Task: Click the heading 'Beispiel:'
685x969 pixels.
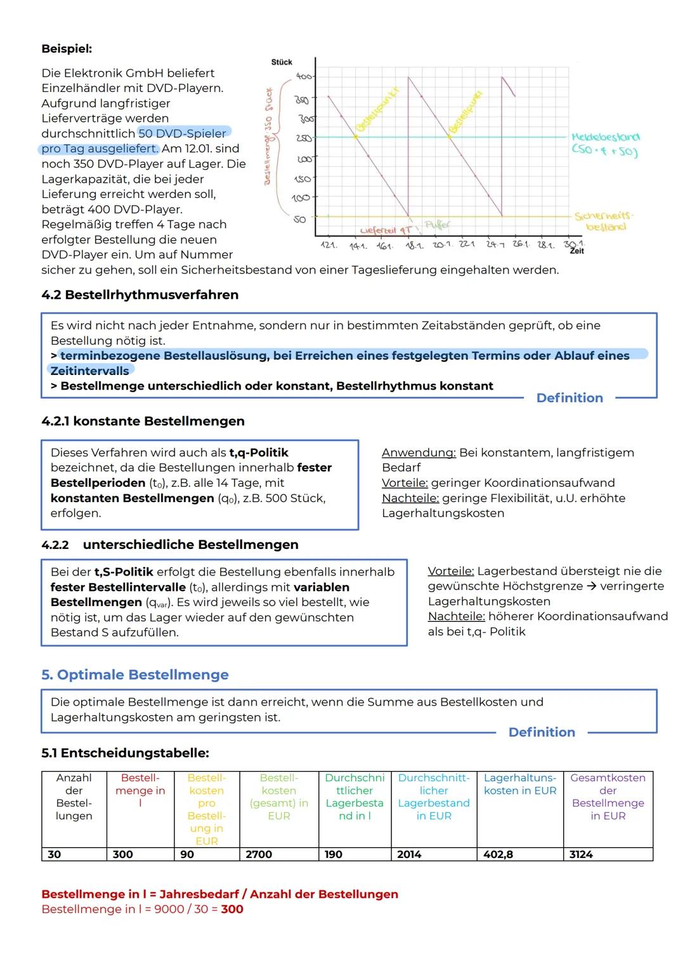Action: click(x=67, y=48)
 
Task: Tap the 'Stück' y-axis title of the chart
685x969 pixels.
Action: click(x=282, y=62)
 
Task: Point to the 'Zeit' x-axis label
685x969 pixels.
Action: click(x=577, y=252)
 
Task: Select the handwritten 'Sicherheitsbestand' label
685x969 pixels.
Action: click(x=605, y=221)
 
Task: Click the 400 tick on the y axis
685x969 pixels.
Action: click(x=303, y=77)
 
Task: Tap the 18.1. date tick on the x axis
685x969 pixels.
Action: click(x=414, y=245)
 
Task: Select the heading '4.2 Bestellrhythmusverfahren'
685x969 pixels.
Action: click(x=140, y=294)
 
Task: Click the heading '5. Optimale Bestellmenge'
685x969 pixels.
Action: click(x=134, y=675)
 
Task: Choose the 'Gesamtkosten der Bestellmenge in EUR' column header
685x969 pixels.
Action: click(x=608, y=796)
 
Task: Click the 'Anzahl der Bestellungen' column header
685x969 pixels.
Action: click(x=74, y=796)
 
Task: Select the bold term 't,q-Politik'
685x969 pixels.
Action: click(x=258, y=452)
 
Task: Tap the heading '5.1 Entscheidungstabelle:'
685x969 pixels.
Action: click(x=125, y=753)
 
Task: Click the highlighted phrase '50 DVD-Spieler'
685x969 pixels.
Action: click(x=182, y=133)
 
